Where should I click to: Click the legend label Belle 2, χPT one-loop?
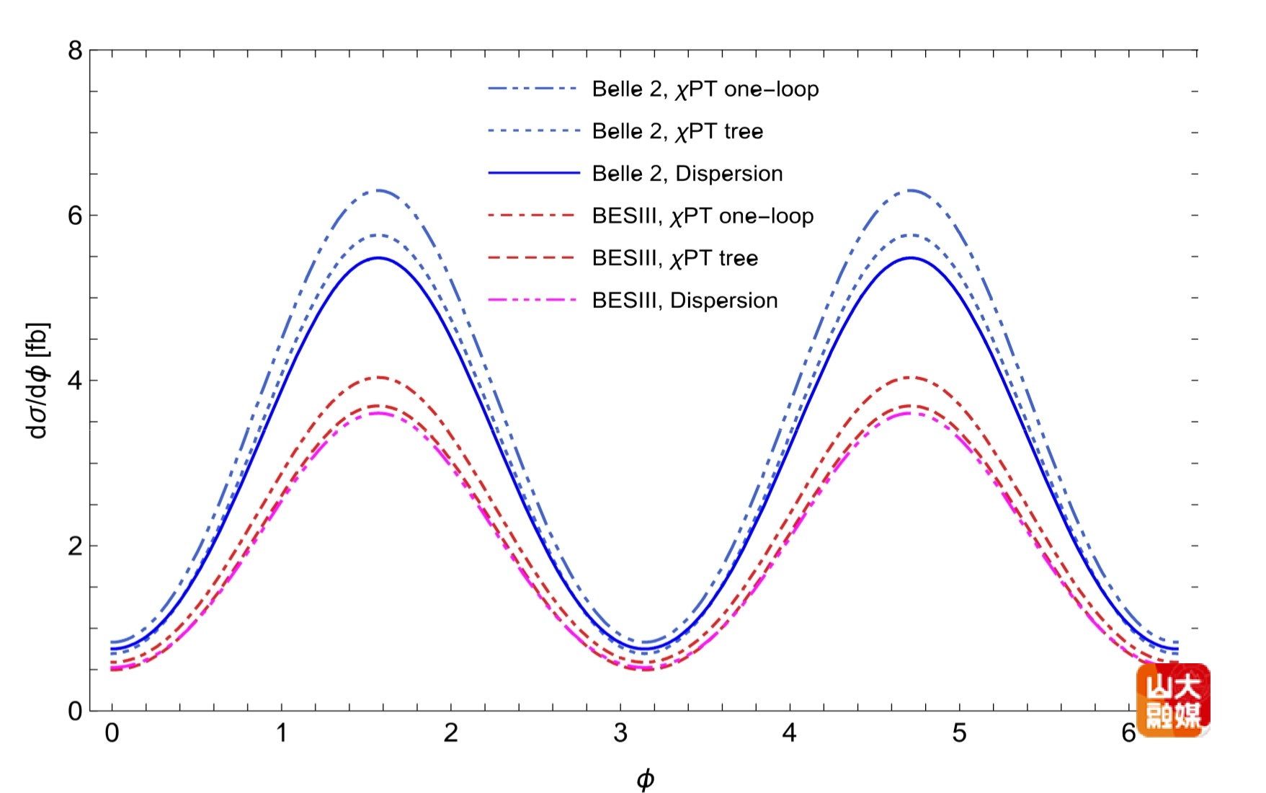[x=705, y=89]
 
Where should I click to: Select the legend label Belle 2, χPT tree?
[x=677, y=131]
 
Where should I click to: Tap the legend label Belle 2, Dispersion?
[x=687, y=174]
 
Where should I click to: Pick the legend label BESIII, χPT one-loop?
[x=703, y=216]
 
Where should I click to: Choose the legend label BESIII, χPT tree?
[x=674, y=258]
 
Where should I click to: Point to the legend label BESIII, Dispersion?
[x=685, y=301]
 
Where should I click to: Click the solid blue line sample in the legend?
[x=533, y=173]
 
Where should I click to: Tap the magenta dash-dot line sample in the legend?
[x=533, y=300]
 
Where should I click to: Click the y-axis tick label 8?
[x=76, y=50]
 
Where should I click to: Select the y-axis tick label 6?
[x=76, y=216]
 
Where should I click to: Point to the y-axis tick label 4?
[x=76, y=381]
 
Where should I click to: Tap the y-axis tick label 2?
[x=76, y=546]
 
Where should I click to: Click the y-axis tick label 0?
[x=76, y=711]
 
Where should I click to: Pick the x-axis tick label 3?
[x=620, y=733]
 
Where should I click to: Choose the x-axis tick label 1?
[x=282, y=733]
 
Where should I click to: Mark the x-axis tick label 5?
[x=959, y=733]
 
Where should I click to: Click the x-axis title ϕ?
[x=645, y=779]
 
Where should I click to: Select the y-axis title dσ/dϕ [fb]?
[x=37, y=381]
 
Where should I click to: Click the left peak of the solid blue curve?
[x=378, y=257]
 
